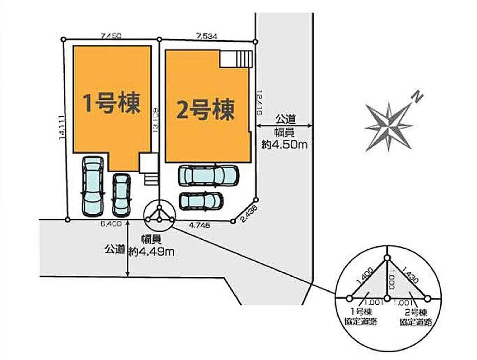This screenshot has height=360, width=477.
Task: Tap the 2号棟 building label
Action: tap(206, 110)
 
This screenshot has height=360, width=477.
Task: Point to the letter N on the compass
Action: tap(418, 96)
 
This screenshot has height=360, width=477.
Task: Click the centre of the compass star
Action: tap(388, 126)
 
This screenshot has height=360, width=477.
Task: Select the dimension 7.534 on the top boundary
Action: tap(207, 36)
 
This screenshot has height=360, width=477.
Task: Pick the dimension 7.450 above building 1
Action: tap(111, 36)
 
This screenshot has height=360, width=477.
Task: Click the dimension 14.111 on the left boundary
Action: tap(61, 128)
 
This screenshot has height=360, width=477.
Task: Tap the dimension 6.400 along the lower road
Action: tap(111, 224)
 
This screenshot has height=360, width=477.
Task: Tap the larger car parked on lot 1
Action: tap(92, 186)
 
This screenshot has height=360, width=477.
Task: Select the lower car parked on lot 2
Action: tap(201, 200)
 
